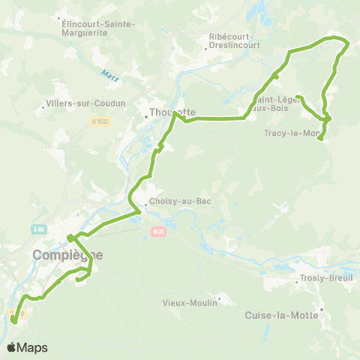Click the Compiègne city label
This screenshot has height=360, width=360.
tap(67, 255)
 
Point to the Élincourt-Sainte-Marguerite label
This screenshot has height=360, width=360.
tap(98, 28)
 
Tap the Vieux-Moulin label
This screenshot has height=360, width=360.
tap(190, 303)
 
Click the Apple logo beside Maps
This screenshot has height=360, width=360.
tap(12, 347)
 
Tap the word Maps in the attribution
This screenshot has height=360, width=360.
tap(32, 348)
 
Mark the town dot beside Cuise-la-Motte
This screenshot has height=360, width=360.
tap(321, 309)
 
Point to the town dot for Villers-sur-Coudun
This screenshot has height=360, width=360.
tap(44, 108)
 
